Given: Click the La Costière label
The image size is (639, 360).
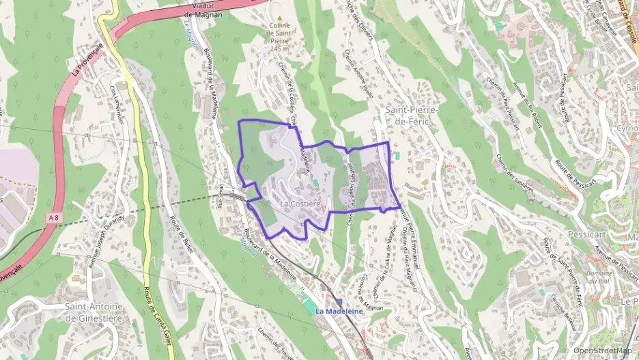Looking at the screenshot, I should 300,204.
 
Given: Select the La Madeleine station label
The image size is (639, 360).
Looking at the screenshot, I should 337,310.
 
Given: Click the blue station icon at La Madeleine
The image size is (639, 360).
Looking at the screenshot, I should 339,301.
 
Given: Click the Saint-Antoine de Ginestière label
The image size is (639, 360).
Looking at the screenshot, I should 94,311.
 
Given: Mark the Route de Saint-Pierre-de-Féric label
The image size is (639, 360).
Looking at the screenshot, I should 560,270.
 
